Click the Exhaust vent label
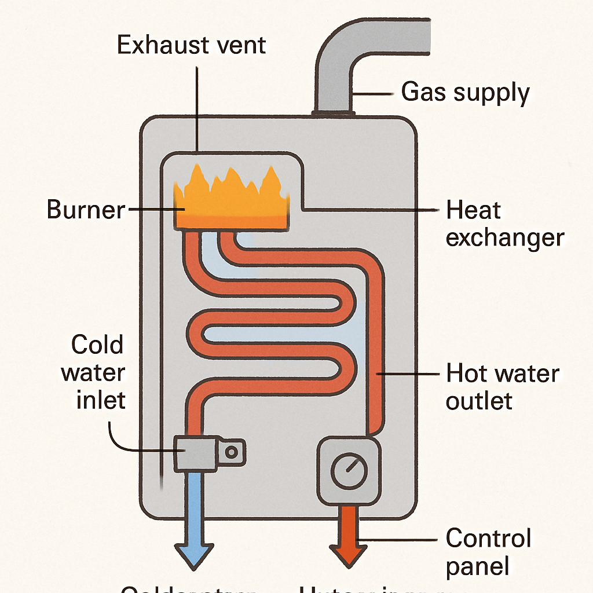point(191,45)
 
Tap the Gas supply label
point(465,93)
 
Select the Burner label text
point(86,210)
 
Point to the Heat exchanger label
point(504,224)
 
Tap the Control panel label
point(488,552)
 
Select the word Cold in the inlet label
point(97,345)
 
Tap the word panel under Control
point(478,566)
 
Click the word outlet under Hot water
point(479,401)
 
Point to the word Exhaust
point(161,45)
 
